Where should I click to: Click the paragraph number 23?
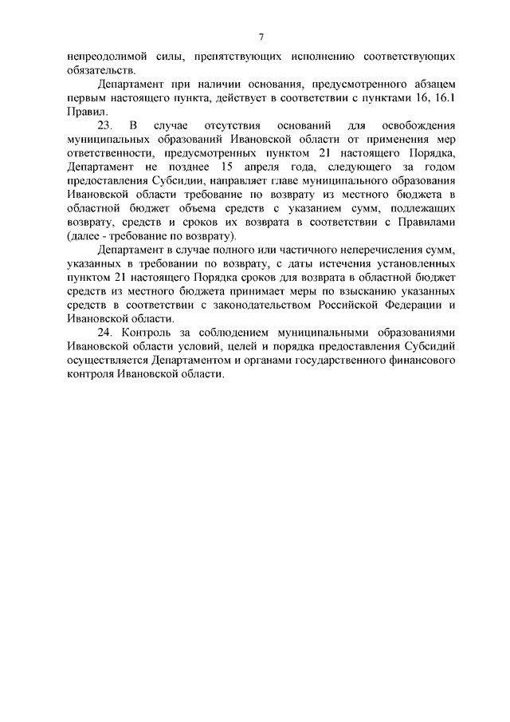tap(105, 126)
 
